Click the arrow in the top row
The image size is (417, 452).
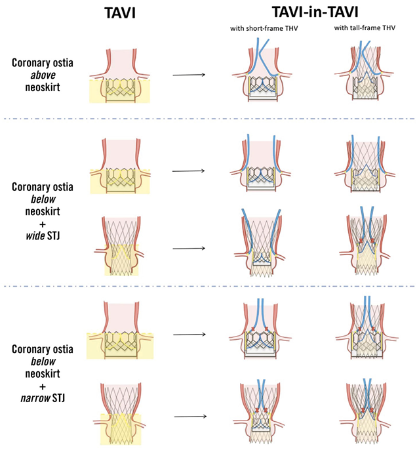(189, 74)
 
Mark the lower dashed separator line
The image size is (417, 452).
(208, 286)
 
